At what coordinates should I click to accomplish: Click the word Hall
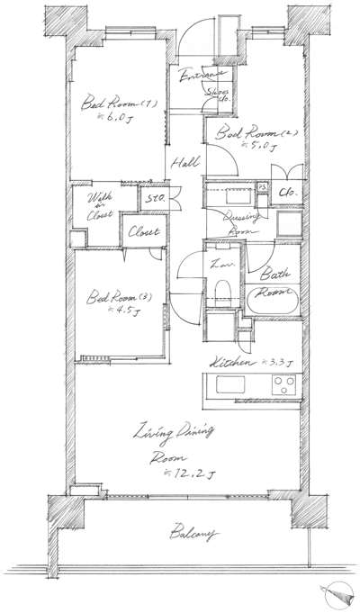coord(185,163)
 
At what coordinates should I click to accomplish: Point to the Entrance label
coord(199,78)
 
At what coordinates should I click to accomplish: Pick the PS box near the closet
coord(263,187)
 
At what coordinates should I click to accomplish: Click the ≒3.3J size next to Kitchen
coord(274,363)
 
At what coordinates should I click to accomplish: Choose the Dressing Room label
coord(238,223)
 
